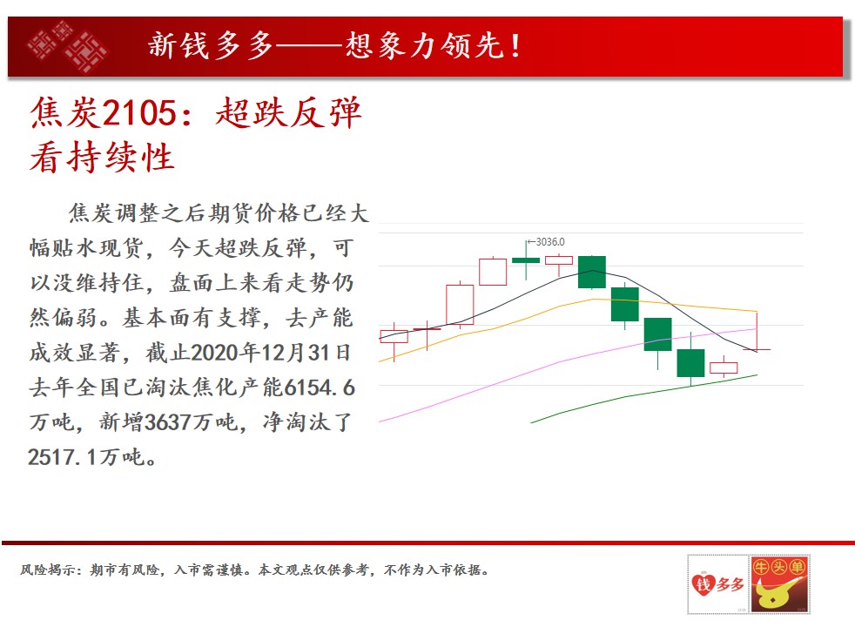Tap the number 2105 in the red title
pyautogui.click(x=139, y=113)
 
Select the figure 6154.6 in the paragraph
pyautogui.click(x=320, y=388)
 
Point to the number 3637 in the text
pyautogui.click(x=167, y=422)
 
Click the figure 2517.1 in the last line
pyautogui.click(x=64, y=457)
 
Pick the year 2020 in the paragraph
pyautogui.click(x=214, y=353)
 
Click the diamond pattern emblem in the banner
pyautogui.click(x=68, y=46)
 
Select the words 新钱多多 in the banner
pyautogui.click(x=211, y=45)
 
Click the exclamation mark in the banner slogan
pyautogui.click(x=515, y=45)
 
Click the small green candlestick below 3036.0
pyautogui.click(x=526, y=260)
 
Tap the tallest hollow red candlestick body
pyautogui.click(x=460, y=304)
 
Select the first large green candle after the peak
pyautogui.click(x=592, y=272)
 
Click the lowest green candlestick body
pyautogui.click(x=690, y=363)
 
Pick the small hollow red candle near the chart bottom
pyautogui.click(x=724, y=367)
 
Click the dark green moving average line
pyautogui.click(x=643, y=394)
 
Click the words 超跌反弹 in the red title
pyautogui.click(x=288, y=113)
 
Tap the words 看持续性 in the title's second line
pyautogui.click(x=102, y=158)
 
